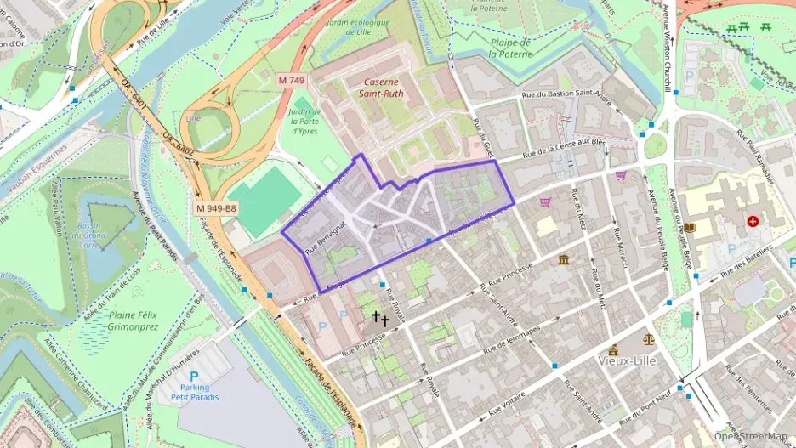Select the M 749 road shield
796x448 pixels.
[292, 79]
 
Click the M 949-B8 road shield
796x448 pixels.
[216, 208]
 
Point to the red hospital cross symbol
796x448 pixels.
[752, 221]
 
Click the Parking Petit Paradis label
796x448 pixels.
[195, 392]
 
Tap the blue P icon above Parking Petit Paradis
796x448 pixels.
[194, 376]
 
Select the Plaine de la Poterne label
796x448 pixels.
[510, 48]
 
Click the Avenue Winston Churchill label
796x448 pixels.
[666, 51]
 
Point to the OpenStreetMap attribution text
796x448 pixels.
[750, 436]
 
